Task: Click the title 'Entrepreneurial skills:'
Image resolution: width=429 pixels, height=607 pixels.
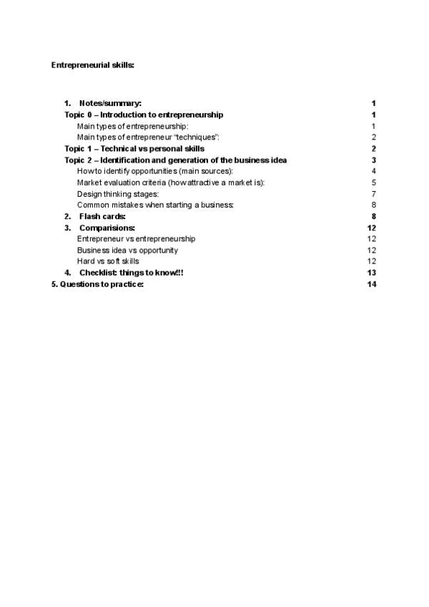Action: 93,65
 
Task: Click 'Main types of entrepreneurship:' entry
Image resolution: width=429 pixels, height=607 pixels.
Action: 132,126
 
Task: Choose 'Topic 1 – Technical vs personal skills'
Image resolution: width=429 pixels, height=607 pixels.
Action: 134,149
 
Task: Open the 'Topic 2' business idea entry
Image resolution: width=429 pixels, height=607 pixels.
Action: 176,160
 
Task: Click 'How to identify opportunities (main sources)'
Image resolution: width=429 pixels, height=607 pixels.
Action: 155,171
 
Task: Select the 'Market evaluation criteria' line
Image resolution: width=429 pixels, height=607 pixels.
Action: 171,183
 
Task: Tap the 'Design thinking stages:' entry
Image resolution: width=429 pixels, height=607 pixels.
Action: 118,194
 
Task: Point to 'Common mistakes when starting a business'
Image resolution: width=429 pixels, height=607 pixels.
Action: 155,205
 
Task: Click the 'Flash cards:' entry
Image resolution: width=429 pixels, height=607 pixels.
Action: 102,216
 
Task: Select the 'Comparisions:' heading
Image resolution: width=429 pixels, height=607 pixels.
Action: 107,228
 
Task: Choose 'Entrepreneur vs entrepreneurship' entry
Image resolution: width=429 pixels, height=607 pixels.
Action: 136,238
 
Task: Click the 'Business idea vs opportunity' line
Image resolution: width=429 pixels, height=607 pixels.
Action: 127,251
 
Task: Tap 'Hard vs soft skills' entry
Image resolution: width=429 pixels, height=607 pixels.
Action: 108,261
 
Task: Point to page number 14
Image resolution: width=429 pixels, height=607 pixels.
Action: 371,284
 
